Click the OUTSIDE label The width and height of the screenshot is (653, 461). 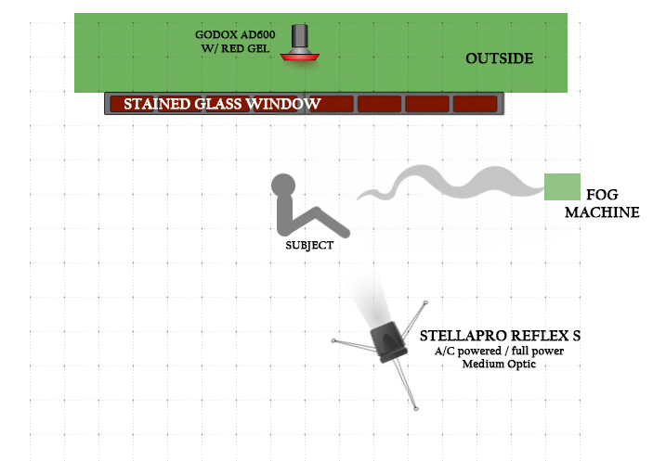(499, 58)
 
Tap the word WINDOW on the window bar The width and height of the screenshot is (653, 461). (284, 104)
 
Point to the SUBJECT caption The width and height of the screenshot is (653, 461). (309, 246)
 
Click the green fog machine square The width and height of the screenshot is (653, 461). (562, 186)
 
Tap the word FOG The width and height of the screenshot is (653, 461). (602, 196)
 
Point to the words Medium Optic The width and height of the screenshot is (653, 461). (499, 364)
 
